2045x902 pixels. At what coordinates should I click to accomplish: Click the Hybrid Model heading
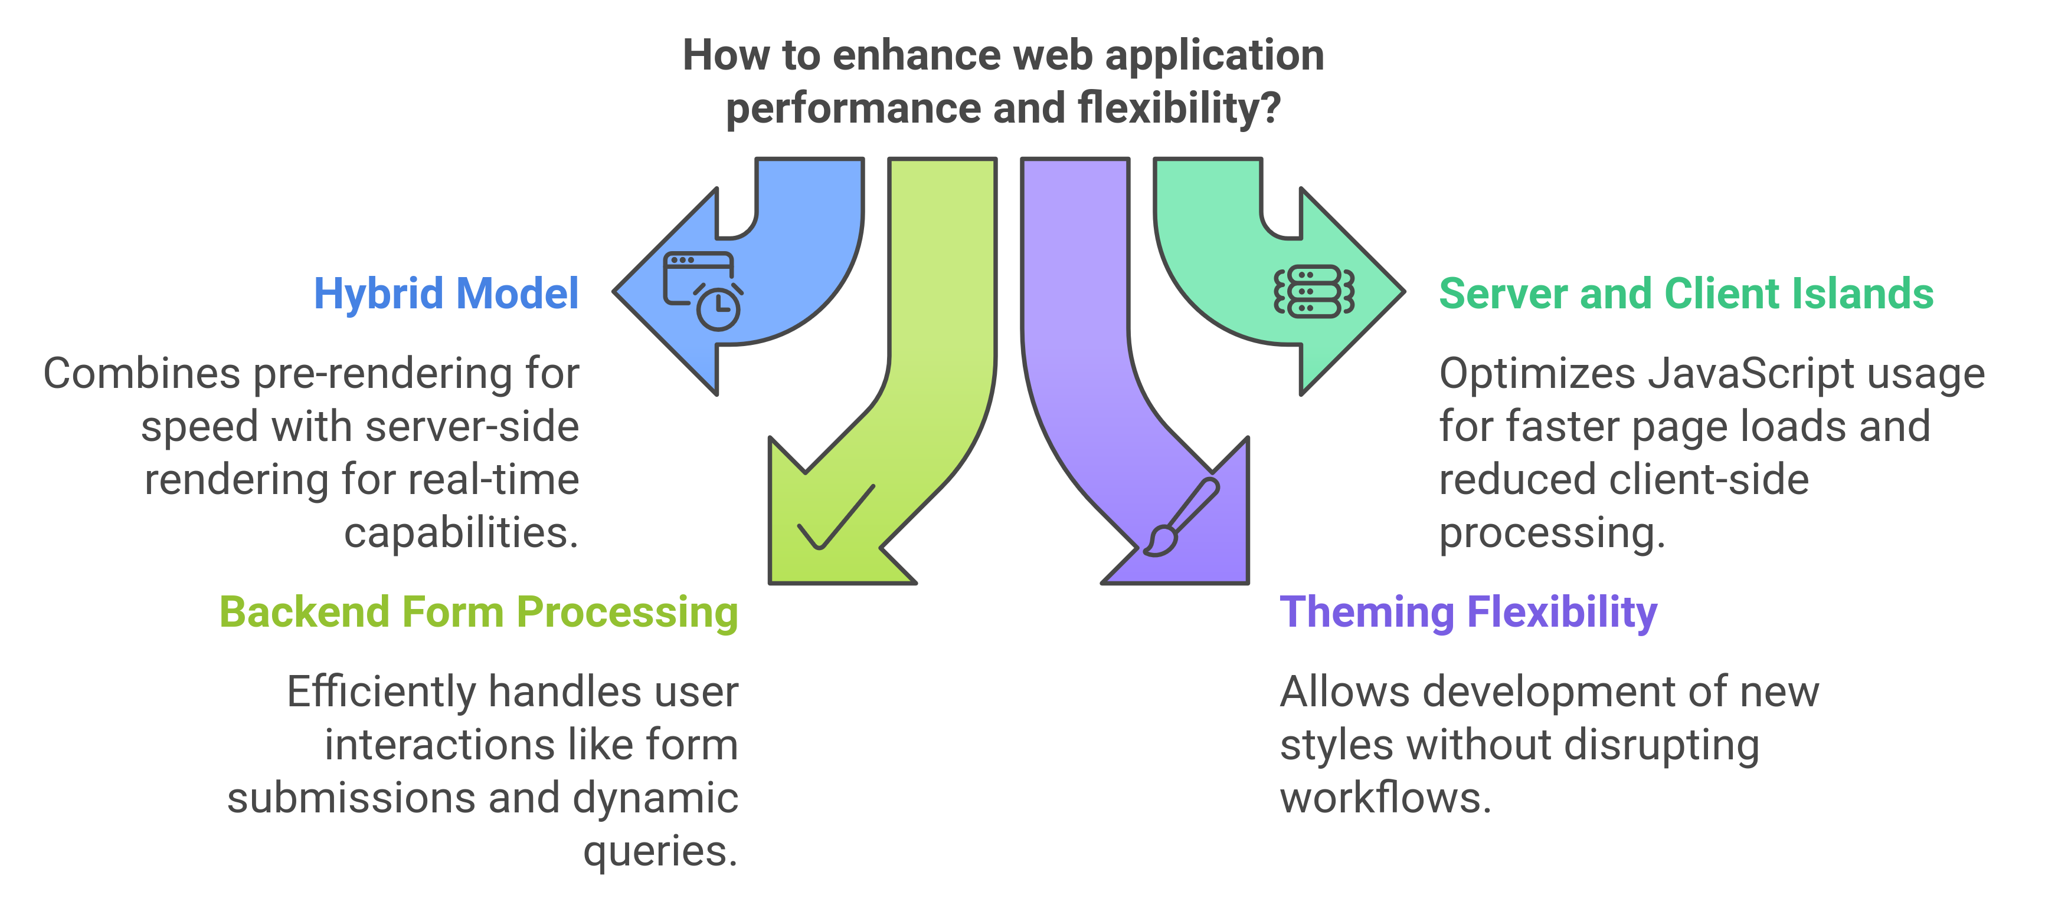(x=446, y=294)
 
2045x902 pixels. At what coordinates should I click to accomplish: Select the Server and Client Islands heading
(x=1686, y=294)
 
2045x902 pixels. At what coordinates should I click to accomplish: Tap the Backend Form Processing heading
(x=479, y=613)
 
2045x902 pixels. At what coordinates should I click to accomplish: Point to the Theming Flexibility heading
(x=1468, y=613)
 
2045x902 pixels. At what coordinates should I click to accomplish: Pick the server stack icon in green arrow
(x=1314, y=292)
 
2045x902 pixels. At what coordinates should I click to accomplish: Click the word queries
(x=660, y=852)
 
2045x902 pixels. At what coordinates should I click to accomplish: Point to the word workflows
(x=1385, y=798)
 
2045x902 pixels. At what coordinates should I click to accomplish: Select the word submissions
(x=352, y=798)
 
